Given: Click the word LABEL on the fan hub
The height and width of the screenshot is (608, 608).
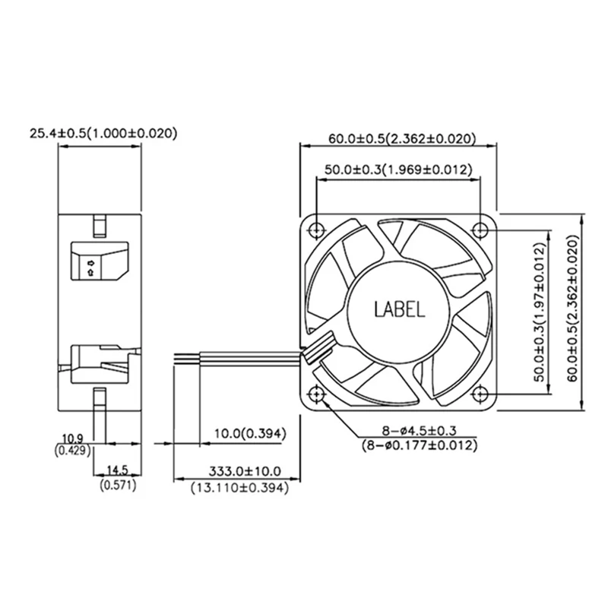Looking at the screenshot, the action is pyautogui.click(x=400, y=309).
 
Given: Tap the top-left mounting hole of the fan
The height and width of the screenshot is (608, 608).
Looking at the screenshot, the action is pyautogui.click(x=317, y=230).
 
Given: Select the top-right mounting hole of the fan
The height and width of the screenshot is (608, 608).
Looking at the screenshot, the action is pyautogui.click(x=481, y=230).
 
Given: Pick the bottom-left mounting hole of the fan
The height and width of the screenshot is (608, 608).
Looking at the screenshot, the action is pyautogui.click(x=317, y=394).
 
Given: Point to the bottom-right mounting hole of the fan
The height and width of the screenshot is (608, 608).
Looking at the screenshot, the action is pyautogui.click(x=481, y=394).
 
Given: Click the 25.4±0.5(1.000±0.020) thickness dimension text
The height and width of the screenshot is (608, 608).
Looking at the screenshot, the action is pyautogui.click(x=103, y=134).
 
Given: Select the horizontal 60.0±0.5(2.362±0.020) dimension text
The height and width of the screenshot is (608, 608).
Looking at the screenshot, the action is pyautogui.click(x=402, y=139).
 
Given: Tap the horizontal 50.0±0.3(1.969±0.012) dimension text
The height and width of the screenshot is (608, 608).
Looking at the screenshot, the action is pyautogui.click(x=398, y=169).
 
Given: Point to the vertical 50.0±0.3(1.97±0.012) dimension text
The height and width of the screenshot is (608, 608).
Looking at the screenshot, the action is pyautogui.click(x=540, y=312).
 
